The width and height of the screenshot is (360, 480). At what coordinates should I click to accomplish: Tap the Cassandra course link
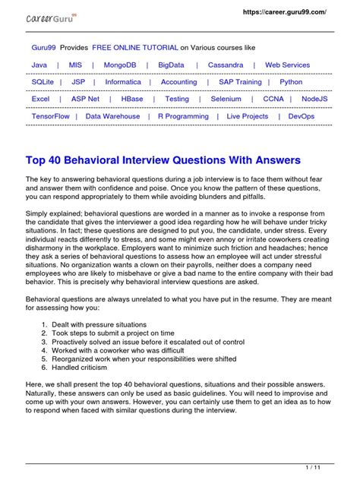[x=226, y=65]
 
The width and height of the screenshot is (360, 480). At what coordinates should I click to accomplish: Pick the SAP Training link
[x=240, y=82]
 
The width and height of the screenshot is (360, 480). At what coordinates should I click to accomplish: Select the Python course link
[x=291, y=82]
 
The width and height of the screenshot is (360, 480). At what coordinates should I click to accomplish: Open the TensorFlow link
[x=51, y=116]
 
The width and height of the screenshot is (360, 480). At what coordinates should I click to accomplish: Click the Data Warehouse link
[x=112, y=116]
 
